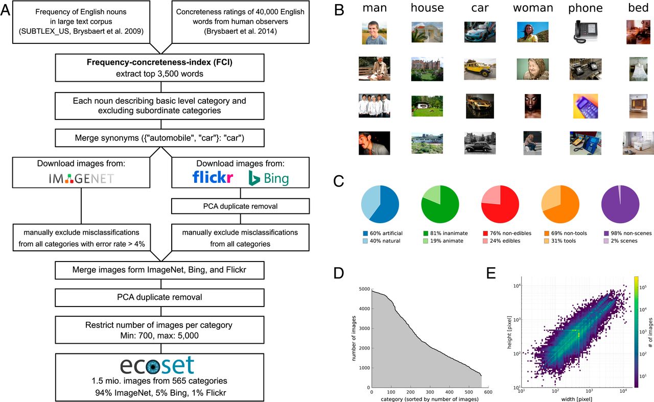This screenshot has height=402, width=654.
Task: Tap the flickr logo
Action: tap(213, 177)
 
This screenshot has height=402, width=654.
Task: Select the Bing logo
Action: tap(268, 178)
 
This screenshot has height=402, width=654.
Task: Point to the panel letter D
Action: tap(338, 273)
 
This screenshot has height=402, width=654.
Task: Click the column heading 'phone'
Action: tap(586, 8)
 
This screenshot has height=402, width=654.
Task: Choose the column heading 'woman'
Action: tap(533, 8)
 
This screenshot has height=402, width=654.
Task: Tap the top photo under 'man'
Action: tap(375, 32)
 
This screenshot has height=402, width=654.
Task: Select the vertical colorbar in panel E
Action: tap(636, 333)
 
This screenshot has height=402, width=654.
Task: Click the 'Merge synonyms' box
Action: tap(161, 138)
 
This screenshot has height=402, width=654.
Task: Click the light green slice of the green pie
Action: tap(432, 195)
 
